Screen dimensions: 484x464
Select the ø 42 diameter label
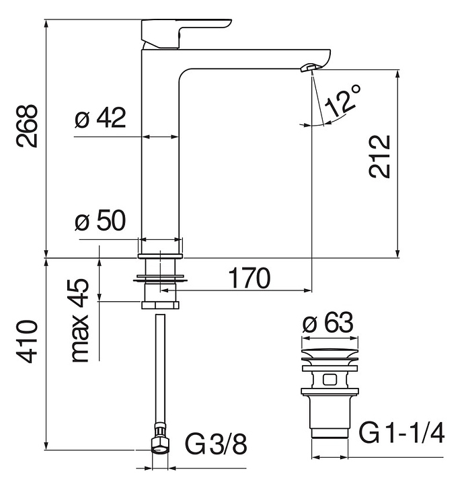[x=101, y=119]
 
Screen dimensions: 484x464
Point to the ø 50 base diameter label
[x=100, y=221]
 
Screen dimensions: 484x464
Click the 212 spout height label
[x=379, y=156]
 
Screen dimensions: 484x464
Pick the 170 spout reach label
[x=249, y=277]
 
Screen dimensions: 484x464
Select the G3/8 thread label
[x=216, y=444]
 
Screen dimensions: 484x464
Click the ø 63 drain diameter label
[x=328, y=323]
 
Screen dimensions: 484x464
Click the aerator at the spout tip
[x=310, y=67]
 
